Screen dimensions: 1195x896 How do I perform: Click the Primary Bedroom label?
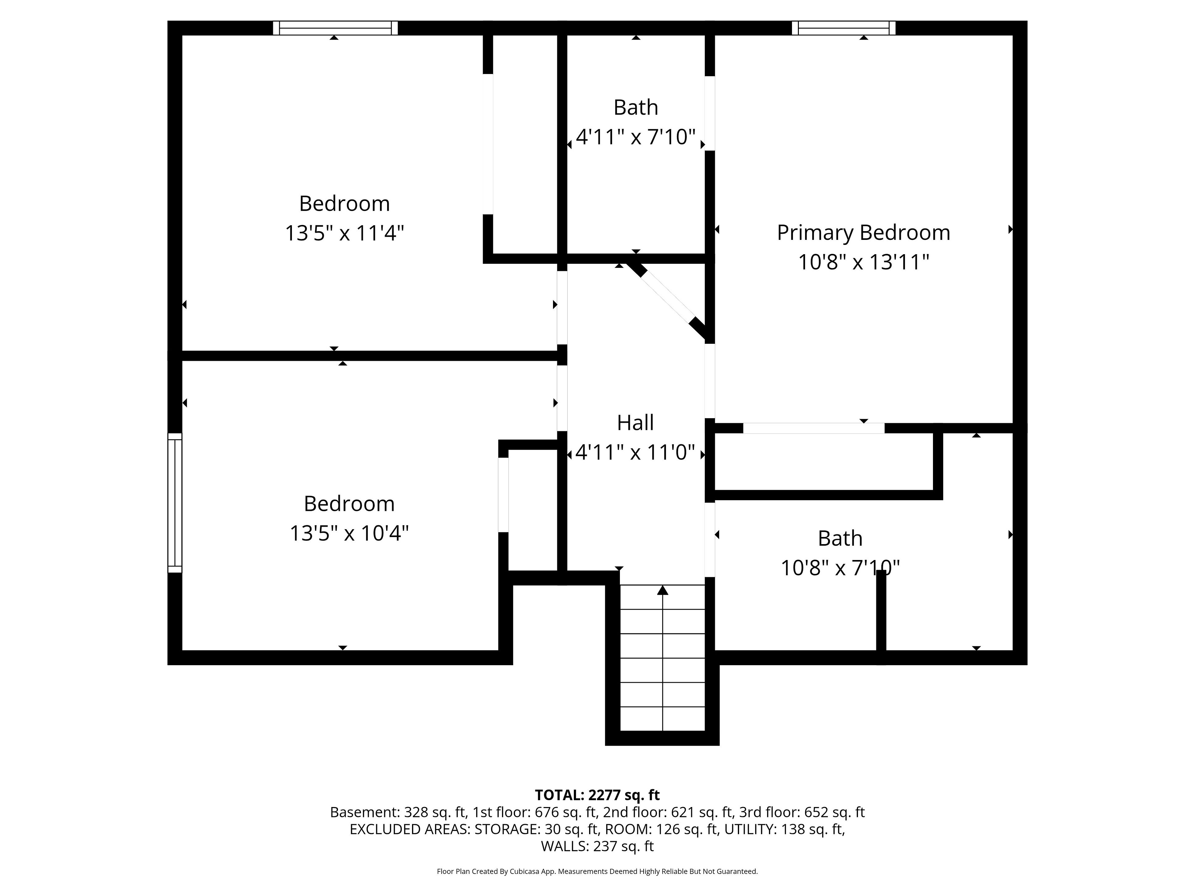[x=863, y=233]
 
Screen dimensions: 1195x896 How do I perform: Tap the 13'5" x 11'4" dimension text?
[x=345, y=233]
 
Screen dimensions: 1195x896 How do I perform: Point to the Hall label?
[x=635, y=422]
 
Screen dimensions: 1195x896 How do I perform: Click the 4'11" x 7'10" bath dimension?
[x=635, y=137]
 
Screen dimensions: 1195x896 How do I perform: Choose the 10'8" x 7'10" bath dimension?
[x=840, y=568]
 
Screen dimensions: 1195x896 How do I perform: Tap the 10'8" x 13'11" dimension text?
[x=863, y=263]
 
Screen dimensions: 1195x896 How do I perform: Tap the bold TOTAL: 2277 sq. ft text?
[x=597, y=795]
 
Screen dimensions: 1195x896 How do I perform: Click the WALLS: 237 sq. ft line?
[x=597, y=846]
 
